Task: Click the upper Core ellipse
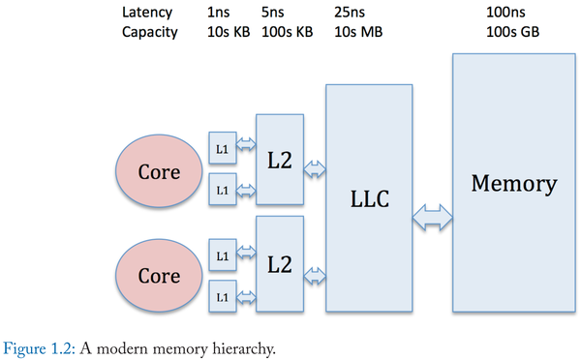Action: pos(159,172)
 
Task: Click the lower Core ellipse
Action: pos(159,275)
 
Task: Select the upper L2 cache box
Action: pos(279,159)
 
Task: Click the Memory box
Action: pos(513,184)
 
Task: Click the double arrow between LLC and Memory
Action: pos(432,217)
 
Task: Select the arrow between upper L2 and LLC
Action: pos(315,170)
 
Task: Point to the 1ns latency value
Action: pos(219,14)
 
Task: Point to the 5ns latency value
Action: pos(273,14)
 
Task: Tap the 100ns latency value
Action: pos(506,14)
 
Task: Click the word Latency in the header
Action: pos(146,14)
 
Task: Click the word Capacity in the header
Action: pos(150,32)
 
